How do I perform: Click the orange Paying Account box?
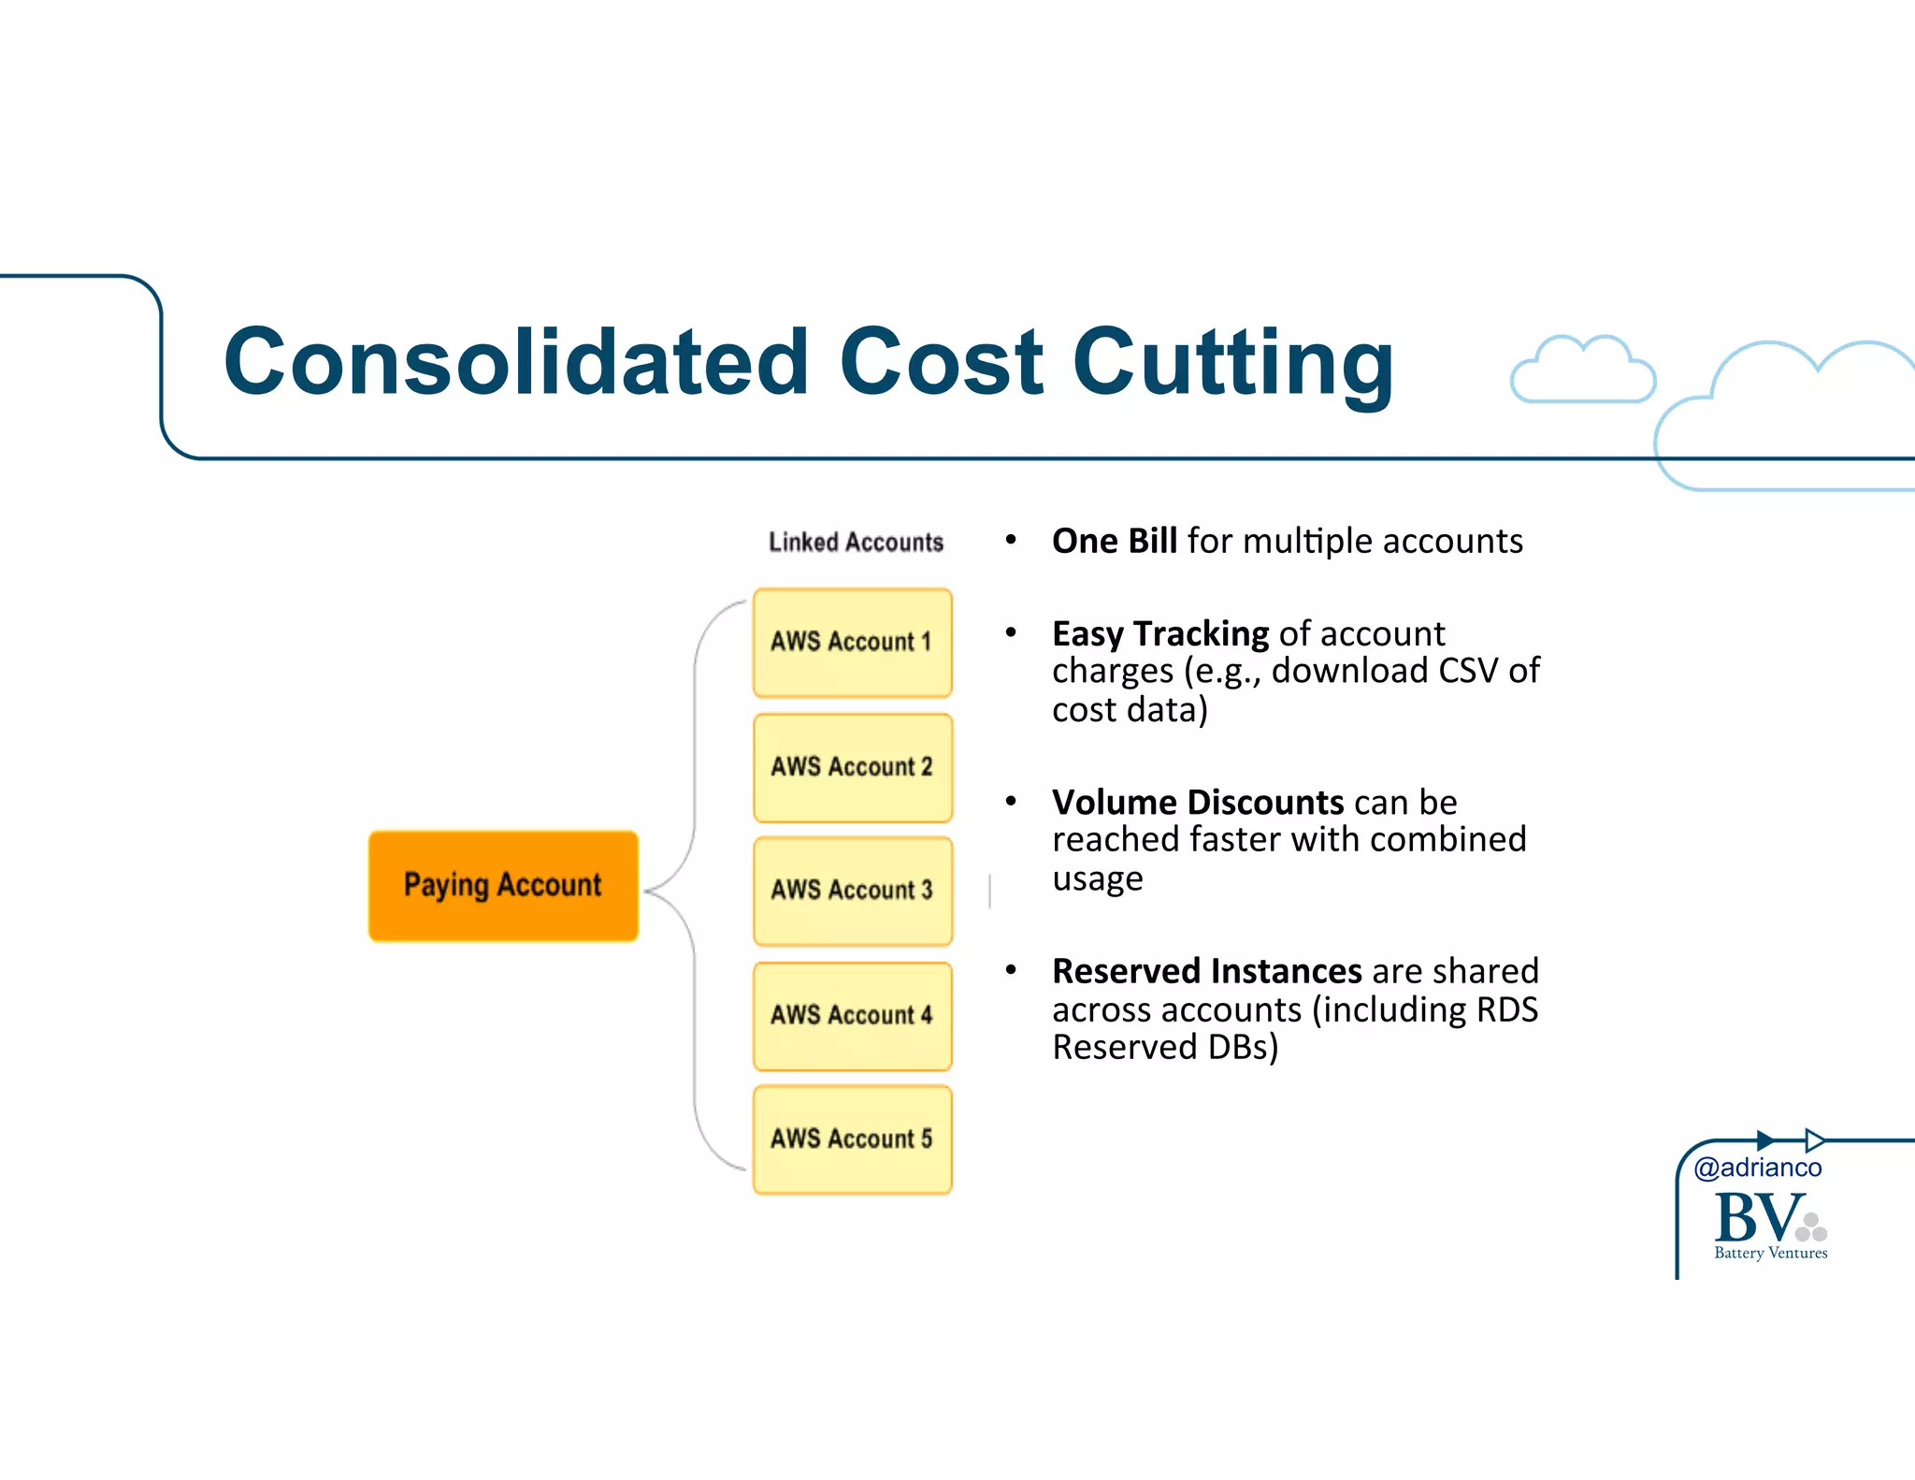503,885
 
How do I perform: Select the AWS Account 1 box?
852,642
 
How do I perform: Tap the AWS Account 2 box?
852,767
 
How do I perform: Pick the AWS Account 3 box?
852,890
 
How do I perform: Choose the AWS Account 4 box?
852,1015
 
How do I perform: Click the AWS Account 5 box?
852,1139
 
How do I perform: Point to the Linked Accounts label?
856,543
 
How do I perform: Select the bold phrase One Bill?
1114,542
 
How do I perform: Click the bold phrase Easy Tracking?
1159,634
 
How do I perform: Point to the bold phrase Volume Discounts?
1197,803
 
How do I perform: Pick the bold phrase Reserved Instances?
1206,971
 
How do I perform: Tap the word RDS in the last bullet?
1506,1009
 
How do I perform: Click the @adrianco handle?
1757,1168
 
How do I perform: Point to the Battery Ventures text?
1770,1253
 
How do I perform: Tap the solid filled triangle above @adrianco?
1764,1140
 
